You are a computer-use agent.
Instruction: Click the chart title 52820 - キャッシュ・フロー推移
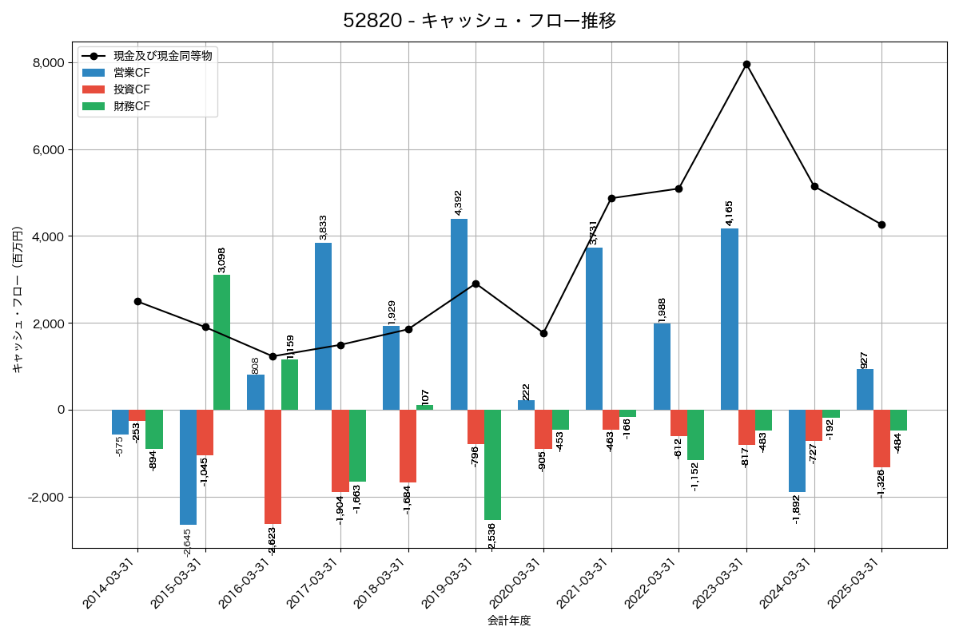[479, 21]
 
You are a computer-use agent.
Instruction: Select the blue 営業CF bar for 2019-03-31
[459, 314]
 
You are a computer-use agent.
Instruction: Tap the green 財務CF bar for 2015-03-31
[221, 342]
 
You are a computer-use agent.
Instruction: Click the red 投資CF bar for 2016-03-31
[273, 466]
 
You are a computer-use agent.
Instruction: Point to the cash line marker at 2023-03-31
[746, 64]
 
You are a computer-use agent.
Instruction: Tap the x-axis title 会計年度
[509, 621]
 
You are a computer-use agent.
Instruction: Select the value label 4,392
[459, 202]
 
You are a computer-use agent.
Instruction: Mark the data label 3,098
[222, 260]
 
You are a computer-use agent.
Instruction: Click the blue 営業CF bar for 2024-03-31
[797, 450]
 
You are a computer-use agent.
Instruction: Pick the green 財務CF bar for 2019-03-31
[492, 465]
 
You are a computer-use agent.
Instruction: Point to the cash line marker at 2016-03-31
[273, 356]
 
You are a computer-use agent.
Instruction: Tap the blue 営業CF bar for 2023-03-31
[729, 319]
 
